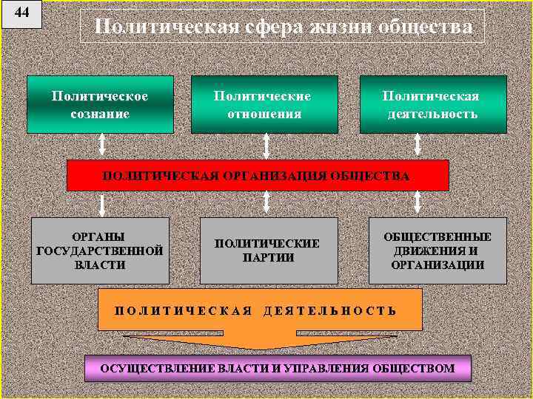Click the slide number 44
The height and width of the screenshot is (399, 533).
pyautogui.click(x=22, y=13)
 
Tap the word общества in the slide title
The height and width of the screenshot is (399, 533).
pyautogui.click(x=424, y=27)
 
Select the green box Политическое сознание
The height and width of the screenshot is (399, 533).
pyautogui.click(x=100, y=104)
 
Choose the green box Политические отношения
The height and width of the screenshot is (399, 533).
pyautogui.click(x=264, y=104)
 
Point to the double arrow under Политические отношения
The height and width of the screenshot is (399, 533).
pyautogui.click(x=265, y=144)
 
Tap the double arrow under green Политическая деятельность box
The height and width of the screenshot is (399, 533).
pyautogui.click(x=418, y=144)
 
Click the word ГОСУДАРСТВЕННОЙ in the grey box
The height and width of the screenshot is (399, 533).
pyautogui.click(x=99, y=250)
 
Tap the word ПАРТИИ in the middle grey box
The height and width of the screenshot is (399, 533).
pyautogui.click(x=268, y=257)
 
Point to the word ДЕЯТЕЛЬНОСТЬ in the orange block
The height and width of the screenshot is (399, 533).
pyautogui.click(x=330, y=310)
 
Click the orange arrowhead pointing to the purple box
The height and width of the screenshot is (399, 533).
pyautogui.click(x=259, y=344)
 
